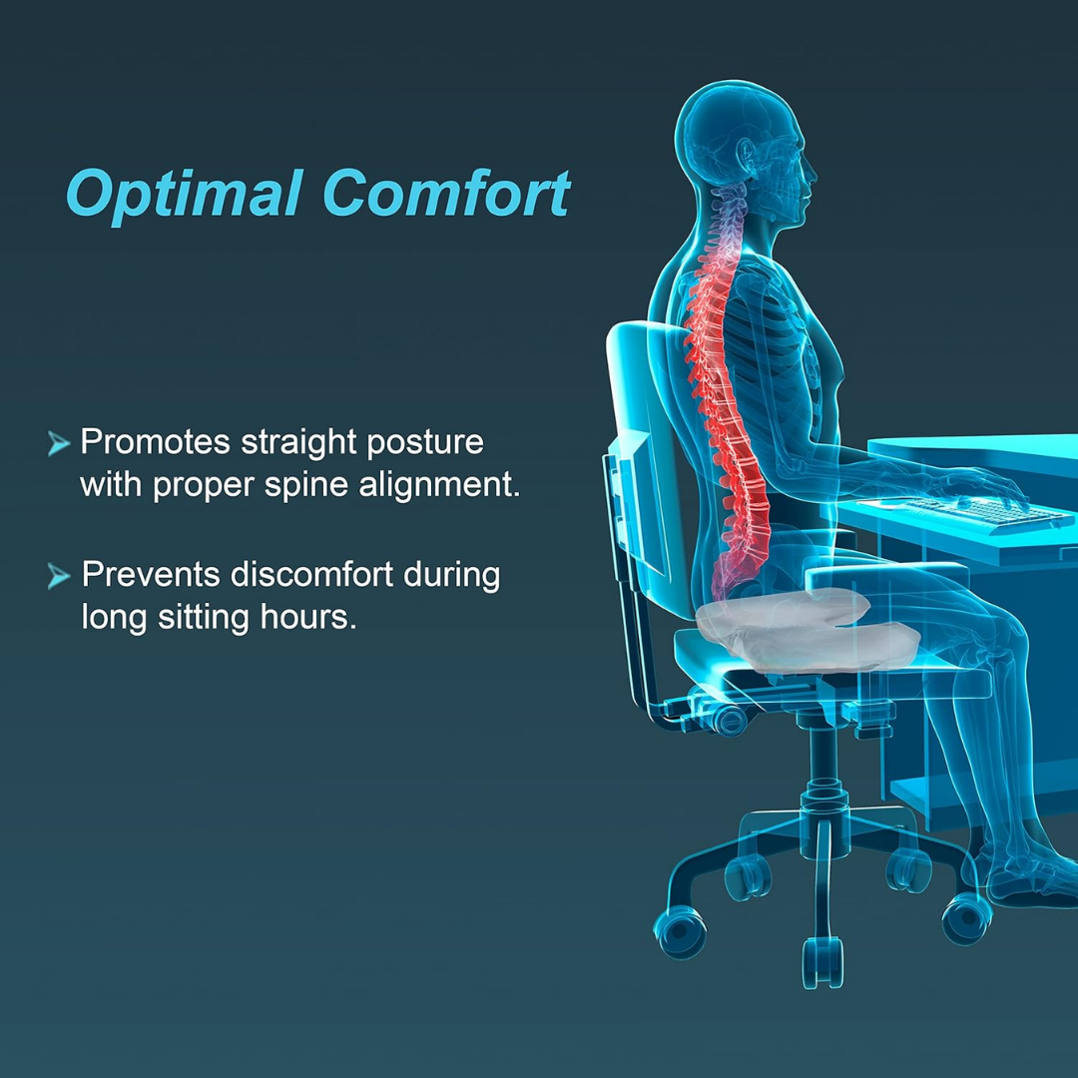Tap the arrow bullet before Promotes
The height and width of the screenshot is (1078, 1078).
click(x=58, y=443)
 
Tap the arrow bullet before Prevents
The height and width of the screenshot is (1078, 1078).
click(x=59, y=577)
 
